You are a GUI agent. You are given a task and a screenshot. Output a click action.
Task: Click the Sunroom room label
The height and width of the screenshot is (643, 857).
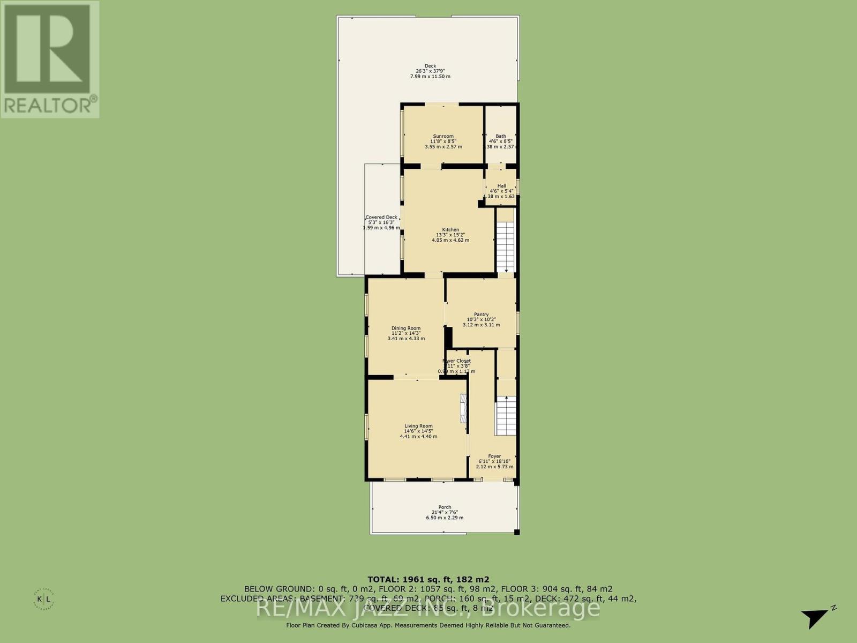443,136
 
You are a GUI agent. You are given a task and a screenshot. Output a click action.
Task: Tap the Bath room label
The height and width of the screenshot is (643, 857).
500,136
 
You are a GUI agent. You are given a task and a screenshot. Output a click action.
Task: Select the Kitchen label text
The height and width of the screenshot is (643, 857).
450,230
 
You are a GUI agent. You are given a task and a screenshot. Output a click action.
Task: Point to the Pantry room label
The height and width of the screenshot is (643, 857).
481,315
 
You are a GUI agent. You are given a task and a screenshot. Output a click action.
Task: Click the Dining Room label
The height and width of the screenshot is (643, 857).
406,328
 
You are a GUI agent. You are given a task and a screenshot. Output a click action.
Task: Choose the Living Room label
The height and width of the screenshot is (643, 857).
418,427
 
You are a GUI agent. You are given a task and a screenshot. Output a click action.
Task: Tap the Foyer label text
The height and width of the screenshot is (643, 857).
494,457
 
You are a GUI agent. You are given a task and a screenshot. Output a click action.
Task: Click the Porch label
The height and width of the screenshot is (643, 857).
445,507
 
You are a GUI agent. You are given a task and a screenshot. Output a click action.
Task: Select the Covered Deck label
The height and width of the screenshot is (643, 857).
381,218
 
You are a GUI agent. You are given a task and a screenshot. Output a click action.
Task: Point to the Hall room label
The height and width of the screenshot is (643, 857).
501,186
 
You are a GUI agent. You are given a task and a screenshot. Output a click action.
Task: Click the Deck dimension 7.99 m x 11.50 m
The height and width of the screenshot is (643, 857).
430,77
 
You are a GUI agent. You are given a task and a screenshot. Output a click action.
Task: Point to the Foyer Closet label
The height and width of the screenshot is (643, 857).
456,361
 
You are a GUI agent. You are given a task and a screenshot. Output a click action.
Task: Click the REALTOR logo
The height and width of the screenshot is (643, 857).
49,59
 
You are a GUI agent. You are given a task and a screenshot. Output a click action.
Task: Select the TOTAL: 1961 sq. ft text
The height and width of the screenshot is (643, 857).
428,579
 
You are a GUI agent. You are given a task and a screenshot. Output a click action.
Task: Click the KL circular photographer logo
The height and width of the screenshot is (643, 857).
43,598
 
